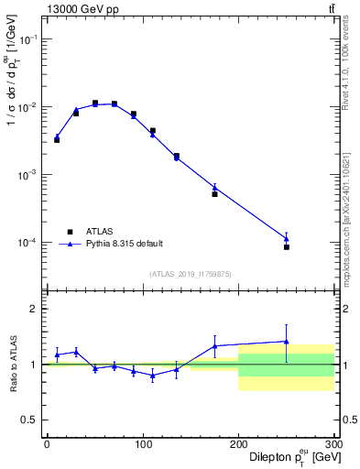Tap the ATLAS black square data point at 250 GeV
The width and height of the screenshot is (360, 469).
click(287, 247)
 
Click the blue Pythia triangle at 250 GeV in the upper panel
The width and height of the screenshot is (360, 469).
click(287, 239)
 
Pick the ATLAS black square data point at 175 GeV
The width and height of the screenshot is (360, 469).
click(214, 194)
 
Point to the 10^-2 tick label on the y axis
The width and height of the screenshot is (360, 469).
click(29, 108)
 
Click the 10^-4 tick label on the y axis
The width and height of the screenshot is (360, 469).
click(29, 243)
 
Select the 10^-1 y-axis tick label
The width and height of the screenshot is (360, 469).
click(29, 40)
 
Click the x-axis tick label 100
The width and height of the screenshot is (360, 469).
click(142, 445)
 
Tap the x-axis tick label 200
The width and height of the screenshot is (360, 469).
click(238, 445)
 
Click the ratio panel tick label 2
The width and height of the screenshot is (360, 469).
click(35, 309)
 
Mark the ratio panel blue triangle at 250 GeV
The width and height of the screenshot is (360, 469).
click(287, 342)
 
